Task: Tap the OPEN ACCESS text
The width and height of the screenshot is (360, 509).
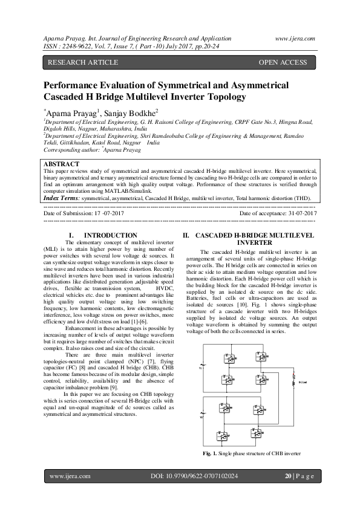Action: click(x=283, y=62)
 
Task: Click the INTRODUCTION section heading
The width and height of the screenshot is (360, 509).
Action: click(x=110, y=235)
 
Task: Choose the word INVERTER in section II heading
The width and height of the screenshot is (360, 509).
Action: click(x=254, y=242)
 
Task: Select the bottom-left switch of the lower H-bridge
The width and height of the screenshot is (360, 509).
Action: click(x=223, y=436)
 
